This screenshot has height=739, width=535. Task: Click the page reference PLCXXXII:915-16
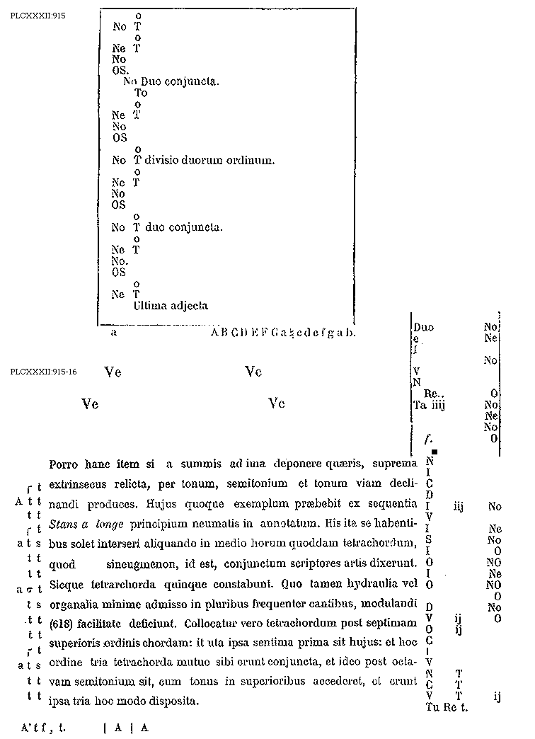point(44,372)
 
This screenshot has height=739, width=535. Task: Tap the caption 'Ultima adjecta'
point(171,306)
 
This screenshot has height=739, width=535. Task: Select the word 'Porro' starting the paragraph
point(64,464)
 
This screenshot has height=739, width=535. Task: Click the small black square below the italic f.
point(435,452)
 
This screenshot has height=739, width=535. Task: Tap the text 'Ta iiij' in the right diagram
point(428,405)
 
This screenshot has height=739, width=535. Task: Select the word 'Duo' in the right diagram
point(424,328)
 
